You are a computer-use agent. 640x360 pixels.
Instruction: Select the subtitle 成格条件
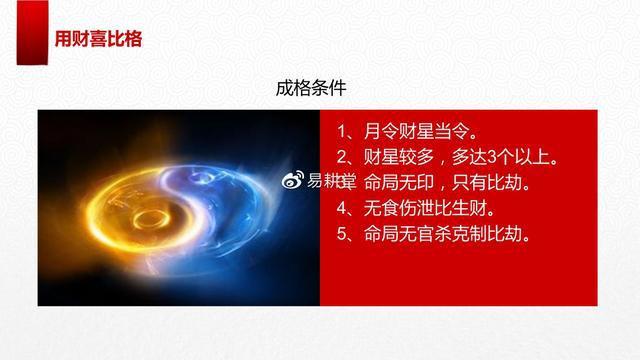tap(311, 88)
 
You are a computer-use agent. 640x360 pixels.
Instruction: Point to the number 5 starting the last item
tap(342, 235)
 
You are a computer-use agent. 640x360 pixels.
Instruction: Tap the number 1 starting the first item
tap(342, 131)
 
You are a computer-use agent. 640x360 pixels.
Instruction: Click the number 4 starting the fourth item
tap(342, 209)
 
